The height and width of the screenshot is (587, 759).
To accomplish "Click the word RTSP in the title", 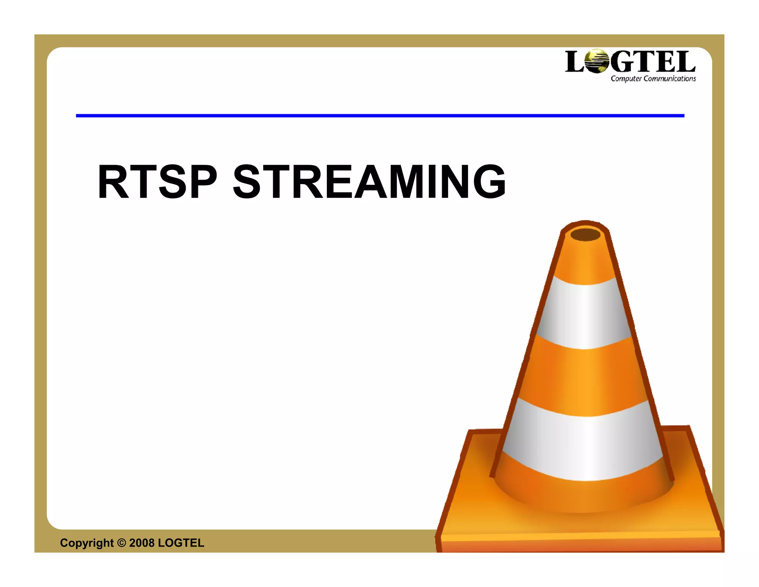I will coord(157,182).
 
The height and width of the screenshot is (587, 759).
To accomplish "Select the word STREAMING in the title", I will coord(369,182).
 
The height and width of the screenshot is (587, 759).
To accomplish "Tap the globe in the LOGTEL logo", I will coord(596,62).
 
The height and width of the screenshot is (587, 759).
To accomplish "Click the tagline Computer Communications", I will coord(653,79).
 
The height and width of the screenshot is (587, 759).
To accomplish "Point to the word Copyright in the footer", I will coord(87,543).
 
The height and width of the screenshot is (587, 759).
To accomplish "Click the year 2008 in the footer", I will coord(142,543).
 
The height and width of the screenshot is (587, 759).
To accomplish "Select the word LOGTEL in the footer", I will coord(181,543).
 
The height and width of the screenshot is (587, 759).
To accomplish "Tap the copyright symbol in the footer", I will coord(122,543).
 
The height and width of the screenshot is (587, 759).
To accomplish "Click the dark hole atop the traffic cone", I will coord(585,235).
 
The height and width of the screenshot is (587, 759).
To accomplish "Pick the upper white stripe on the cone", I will coord(585,314).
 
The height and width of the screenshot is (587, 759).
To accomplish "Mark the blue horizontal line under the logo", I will coord(380,116).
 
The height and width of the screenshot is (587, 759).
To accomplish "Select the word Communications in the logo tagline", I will coord(670,79).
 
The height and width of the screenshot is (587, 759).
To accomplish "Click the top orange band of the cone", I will coord(586,263).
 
